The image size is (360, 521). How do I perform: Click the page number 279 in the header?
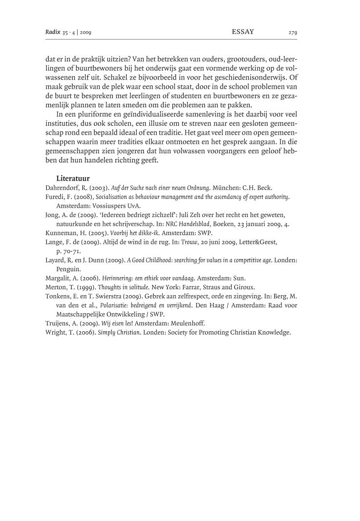coord(293,33)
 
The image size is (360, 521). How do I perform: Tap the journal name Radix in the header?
coord(53,33)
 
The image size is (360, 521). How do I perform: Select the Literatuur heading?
coord(73,179)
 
